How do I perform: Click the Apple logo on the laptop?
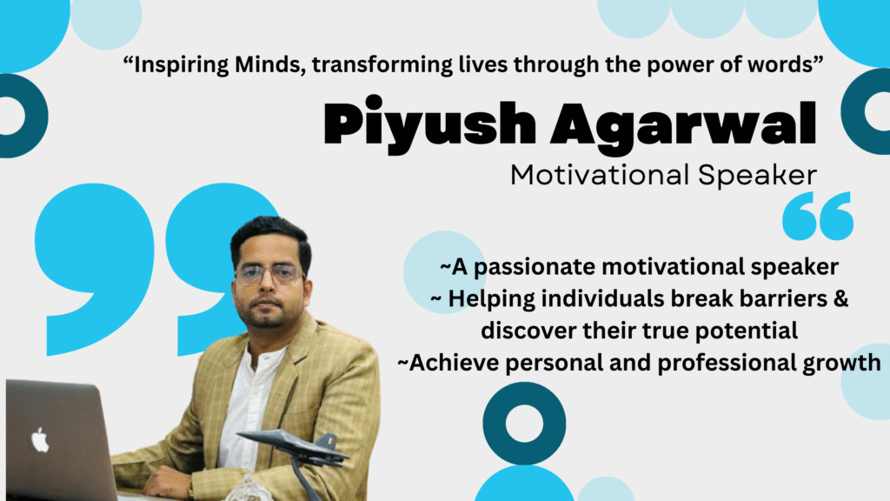coord(40,439)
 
